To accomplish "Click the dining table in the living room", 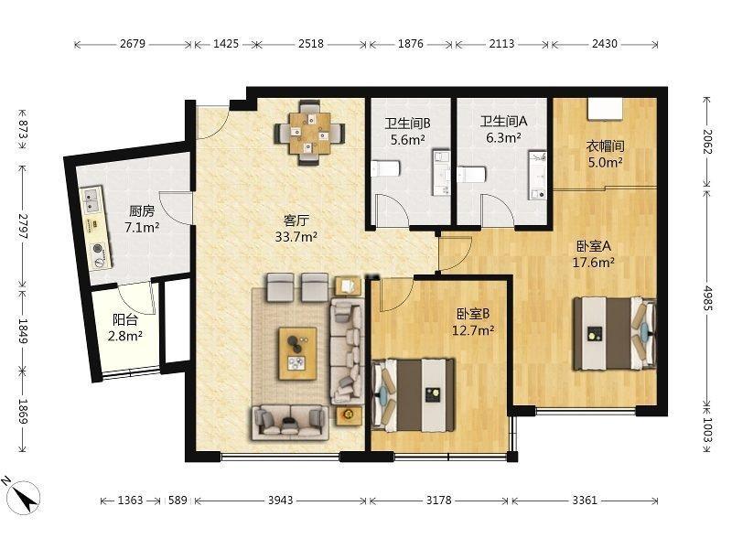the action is (309, 134).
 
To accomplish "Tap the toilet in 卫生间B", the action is (385, 168).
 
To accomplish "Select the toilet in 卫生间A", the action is (471, 175).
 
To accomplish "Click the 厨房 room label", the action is (142, 211).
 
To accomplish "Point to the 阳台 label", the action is (125, 319).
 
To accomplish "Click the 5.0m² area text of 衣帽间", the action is (605, 163).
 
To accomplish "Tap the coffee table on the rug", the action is (298, 353).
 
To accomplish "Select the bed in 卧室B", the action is (414, 395).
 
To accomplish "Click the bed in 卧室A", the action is (615, 333).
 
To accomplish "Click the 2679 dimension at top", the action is (133, 44).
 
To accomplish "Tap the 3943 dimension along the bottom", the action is (281, 501).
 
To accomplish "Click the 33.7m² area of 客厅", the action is (296, 237).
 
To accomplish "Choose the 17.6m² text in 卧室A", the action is (593, 263).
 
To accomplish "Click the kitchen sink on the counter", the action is (90, 199).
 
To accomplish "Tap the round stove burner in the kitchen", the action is (99, 249).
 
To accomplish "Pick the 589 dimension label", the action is (178, 501).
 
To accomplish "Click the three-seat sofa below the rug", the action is (289, 423).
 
